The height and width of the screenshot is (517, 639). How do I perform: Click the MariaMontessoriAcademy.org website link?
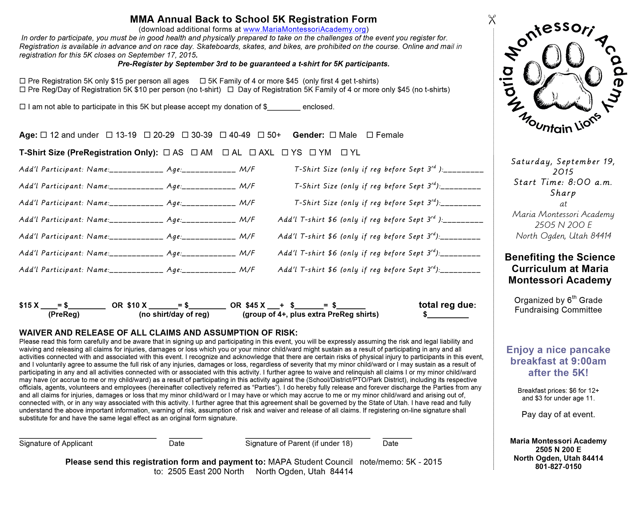[304, 29]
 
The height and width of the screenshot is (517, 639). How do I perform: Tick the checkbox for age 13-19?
[109, 135]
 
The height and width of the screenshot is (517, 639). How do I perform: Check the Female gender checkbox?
[370, 135]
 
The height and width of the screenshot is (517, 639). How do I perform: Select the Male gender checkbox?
[333, 135]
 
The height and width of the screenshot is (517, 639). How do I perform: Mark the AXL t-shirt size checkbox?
[252, 153]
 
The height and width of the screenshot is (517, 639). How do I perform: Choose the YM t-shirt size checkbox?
[313, 153]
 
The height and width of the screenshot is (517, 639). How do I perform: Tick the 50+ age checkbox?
[261, 135]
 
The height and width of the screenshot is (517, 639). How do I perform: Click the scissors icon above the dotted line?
[492, 20]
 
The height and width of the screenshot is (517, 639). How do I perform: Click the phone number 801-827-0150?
[558, 467]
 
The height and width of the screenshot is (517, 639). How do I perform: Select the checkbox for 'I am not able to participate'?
[22, 106]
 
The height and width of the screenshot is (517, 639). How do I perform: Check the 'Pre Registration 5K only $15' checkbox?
[22, 81]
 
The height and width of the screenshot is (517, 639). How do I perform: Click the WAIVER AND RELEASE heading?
[158, 333]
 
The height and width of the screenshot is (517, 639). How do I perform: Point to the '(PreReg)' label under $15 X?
[64, 314]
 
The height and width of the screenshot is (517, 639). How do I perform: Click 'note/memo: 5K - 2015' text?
[400, 462]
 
